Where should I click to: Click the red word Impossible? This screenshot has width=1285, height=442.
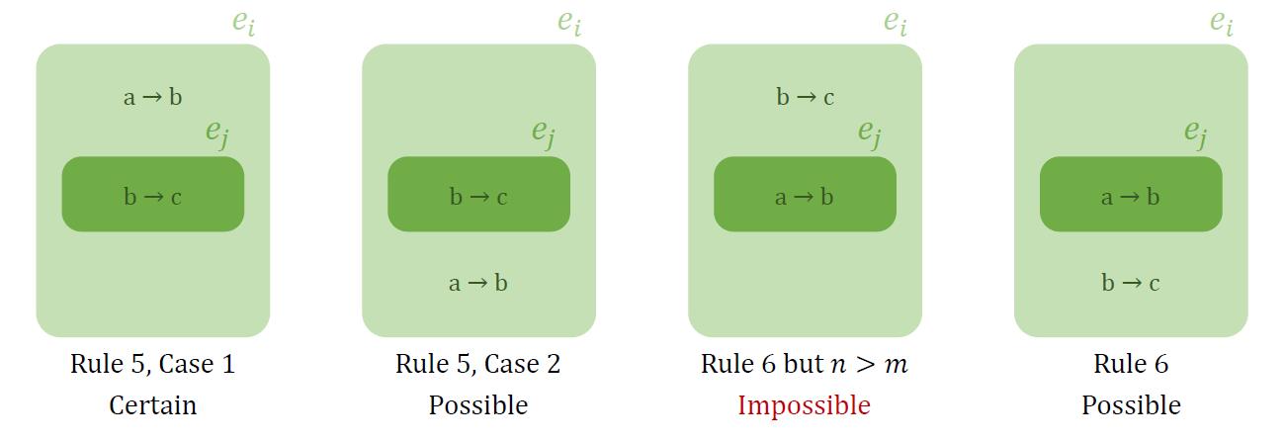(x=804, y=405)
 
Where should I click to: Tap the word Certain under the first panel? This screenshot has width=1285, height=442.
(x=152, y=405)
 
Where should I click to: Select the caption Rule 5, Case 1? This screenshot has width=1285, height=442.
(x=152, y=364)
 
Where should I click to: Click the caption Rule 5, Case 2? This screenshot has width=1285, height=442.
(x=477, y=364)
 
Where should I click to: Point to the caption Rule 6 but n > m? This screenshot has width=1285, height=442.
(x=805, y=364)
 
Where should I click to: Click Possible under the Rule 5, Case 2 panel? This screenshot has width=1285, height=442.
(x=478, y=405)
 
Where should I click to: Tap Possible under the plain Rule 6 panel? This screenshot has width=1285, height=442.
(x=1131, y=405)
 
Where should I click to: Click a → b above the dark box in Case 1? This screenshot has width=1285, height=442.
(x=152, y=97)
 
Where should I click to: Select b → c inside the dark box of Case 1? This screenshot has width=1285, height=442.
(x=152, y=197)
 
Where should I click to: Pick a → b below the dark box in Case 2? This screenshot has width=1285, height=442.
(x=478, y=283)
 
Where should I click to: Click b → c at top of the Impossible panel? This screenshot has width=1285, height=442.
(x=806, y=97)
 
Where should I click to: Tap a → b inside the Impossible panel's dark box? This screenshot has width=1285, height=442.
(x=805, y=197)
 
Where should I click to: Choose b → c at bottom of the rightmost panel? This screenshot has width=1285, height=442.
(x=1131, y=283)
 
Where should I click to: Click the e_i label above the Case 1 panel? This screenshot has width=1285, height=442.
(x=244, y=23)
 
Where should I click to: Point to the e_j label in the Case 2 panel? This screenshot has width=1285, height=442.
(x=544, y=133)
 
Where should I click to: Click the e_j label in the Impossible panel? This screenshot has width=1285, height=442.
(x=870, y=133)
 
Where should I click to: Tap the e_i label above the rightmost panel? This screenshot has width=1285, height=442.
(x=1222, y=23)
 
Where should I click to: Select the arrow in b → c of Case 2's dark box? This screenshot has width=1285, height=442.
(x=479, y=198)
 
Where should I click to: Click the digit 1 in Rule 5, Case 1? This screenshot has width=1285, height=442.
(x=229, y=364)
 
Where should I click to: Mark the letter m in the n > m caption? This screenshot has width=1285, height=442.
(x=897, y=366)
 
